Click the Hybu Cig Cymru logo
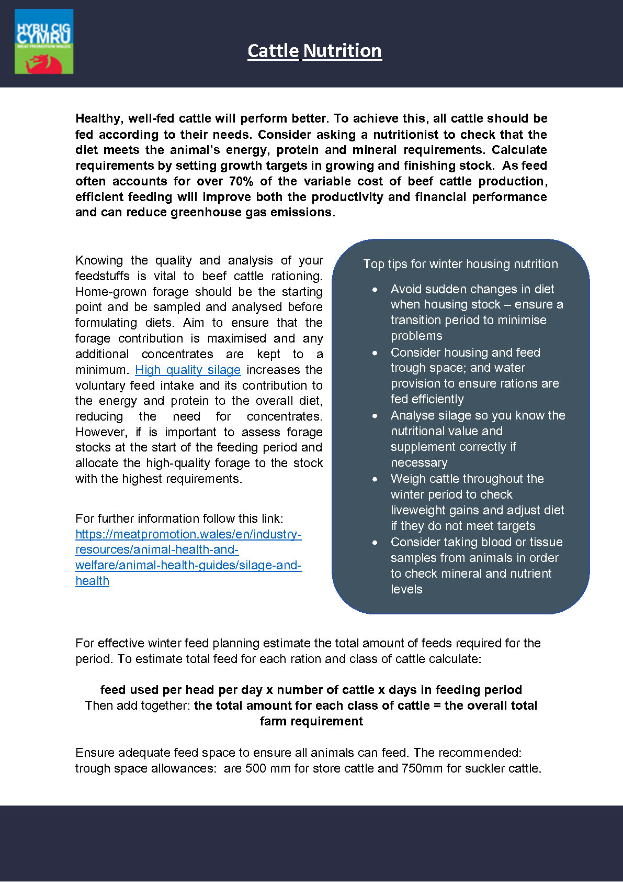pyautogui.click(x=44, y=41)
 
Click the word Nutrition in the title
pyautogui.click(x=342, y=51)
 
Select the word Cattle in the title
pyautogui.click(x=273, y=51)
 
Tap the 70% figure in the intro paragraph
pyautogui.click(x=241, y=181)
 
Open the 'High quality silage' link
pyautogui.click(x=188, y=370)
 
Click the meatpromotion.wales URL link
pyautogui.click(x=188, y=557)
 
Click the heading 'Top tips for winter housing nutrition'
pyautogui.click(x=460, y=264)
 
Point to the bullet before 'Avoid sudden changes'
pyautogui.click(x=375, y=290)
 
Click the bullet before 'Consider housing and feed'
pyautogui.click(x=375, y=353)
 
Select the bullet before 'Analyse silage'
pyautogui.click(x=375, y=416)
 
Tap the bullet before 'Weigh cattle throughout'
pyautogui.click(x=375, y=479)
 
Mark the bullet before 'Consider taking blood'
pyautogui.click(x=375, y=543)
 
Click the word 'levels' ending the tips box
pyautogui.click(x=406, y=589)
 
